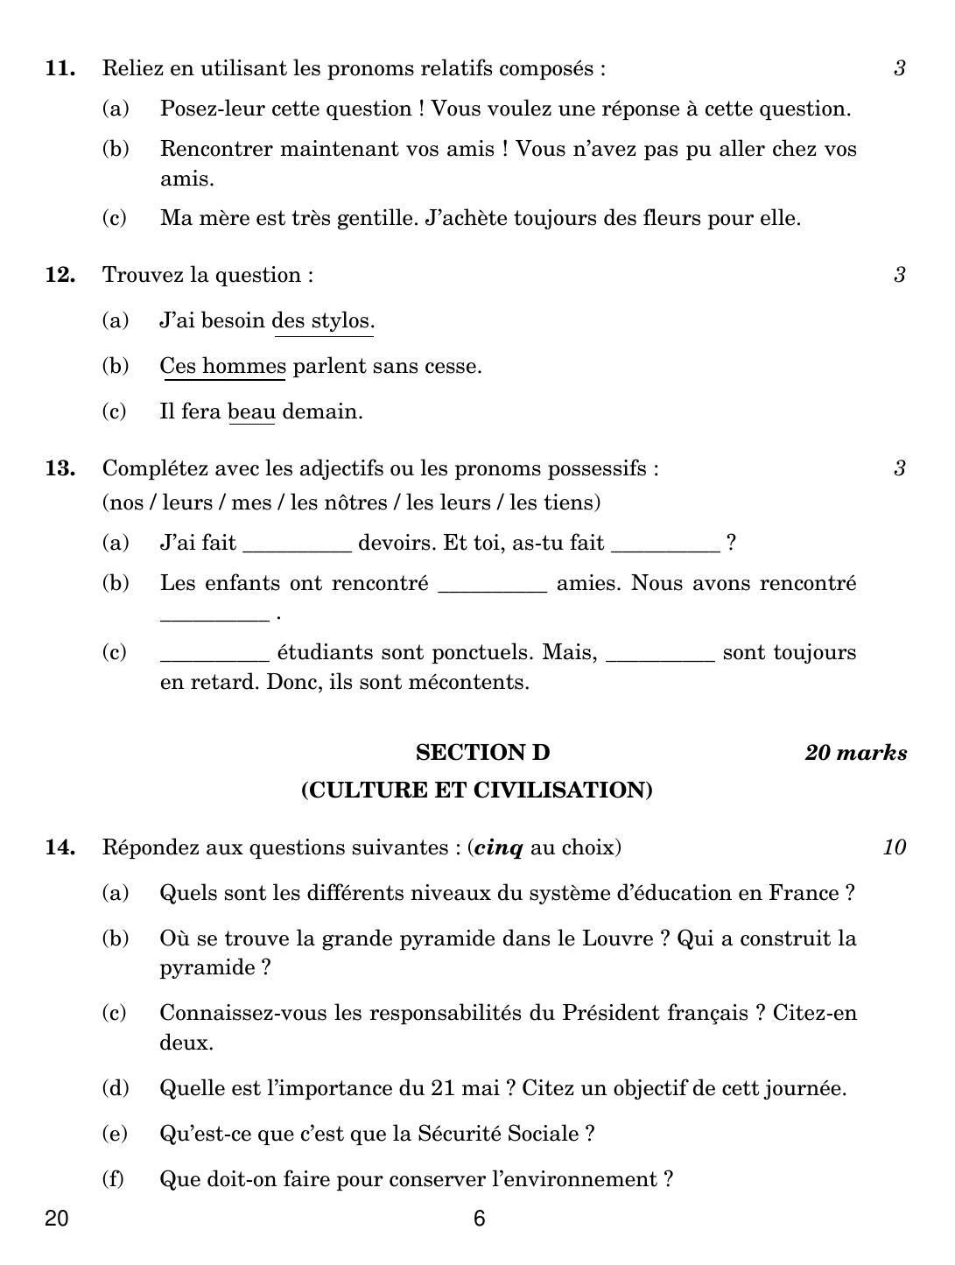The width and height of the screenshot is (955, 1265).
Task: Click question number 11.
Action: point(60,68)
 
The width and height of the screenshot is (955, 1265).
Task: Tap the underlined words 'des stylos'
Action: point(323,320)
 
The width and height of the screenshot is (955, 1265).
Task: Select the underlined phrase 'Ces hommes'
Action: point(222,366)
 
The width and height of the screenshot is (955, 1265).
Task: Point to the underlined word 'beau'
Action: point(251,411)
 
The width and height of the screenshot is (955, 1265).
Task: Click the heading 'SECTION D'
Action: point(482,753)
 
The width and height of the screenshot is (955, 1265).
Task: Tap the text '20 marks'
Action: point(855,753)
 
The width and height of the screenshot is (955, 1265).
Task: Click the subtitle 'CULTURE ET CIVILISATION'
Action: point(477,791)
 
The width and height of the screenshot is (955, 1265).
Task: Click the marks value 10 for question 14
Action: point(894,847)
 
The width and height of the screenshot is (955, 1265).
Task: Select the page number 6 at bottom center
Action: point(479,1219)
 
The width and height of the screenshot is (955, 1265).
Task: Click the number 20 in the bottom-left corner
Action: point(56,1219)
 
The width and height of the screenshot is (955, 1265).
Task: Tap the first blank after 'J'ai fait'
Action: point(297,545)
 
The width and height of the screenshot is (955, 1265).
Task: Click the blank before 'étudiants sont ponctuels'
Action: point(214,654)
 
